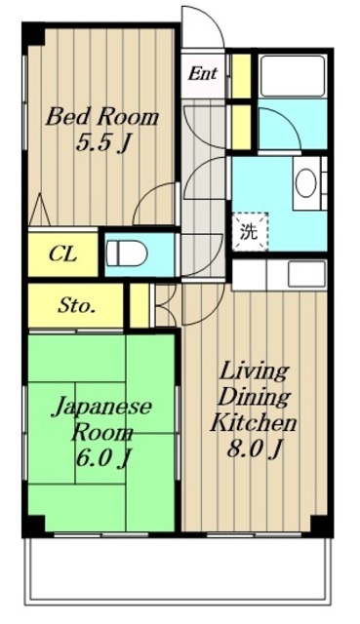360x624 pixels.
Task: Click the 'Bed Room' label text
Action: tap(102, 117)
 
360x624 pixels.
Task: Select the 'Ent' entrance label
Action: tap(203, 73)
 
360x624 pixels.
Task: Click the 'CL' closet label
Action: tap(62, 255)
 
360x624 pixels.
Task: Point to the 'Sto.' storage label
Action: tap(75, 306)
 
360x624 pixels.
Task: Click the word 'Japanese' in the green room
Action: tap(101, 408)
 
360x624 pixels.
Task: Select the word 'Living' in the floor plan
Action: tap(253, 371)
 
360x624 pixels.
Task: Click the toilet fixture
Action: tap(127, 253)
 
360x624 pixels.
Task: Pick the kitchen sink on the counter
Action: tap(306, 274)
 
